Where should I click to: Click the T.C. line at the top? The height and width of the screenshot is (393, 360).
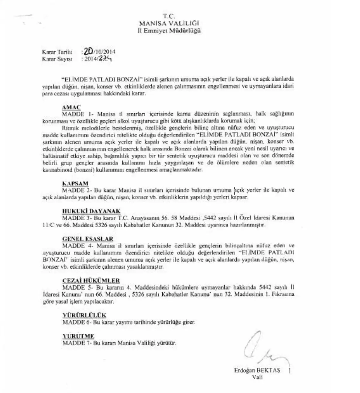(169, 17)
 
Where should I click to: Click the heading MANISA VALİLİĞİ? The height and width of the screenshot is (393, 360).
(169, 23)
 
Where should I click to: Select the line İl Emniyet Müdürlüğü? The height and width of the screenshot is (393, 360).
(169, 30)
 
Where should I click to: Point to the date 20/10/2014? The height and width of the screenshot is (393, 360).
(99, 51)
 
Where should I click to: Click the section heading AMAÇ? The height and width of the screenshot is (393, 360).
(71, 108)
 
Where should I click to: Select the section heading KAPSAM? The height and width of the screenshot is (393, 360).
(75, 183)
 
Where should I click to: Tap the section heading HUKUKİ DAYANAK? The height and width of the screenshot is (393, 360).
(91, 211)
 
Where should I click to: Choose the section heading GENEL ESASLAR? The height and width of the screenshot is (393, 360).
(88, 239)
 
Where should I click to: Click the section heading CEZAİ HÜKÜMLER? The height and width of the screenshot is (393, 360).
(91, 281)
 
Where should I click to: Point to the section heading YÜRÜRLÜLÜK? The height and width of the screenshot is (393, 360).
(84, 315)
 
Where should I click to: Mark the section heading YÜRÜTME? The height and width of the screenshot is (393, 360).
(78, 336)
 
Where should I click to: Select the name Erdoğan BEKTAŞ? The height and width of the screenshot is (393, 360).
(257, 371)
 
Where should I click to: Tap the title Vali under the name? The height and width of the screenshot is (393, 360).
(257, 377)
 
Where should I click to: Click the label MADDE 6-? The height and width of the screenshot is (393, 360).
(75, 322)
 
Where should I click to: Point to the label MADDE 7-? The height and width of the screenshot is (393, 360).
(75, 343)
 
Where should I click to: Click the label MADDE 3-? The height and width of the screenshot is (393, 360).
(75, 218)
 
